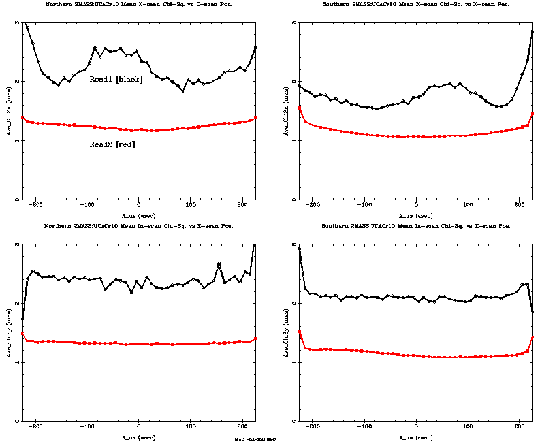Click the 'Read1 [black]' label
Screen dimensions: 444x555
(x=116, y=79)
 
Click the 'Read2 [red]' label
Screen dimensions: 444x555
(x=112, y=144)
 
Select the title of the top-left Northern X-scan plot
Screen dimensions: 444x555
(x=138, y=4)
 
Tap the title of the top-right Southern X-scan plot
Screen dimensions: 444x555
(x=416, y=4)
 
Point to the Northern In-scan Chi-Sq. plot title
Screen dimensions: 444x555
(x=138, y=226)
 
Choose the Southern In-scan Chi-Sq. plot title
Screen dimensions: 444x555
(x=416, y=226)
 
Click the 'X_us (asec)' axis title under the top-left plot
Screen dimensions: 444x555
(x=139, y=215)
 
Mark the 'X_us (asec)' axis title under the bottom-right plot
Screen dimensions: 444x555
(x=415, y=436)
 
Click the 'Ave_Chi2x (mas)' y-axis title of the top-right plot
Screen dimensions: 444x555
(x=285, y=111)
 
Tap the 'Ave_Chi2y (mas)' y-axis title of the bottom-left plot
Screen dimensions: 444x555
(x=8, y=333)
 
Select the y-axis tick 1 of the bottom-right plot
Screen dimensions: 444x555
(x=294, y=362)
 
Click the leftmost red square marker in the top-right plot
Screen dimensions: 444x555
(x=300, y=108)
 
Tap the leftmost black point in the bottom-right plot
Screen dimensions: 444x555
(x=300, y=249)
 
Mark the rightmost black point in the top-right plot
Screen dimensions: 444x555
(x=533, y=31)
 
